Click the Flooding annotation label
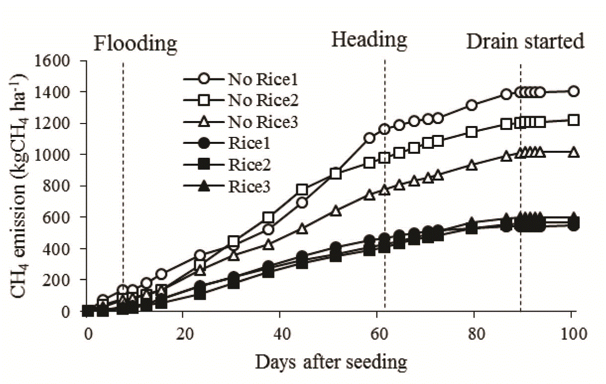coord(135,44)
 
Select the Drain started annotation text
coord(525,42)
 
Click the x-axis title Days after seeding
coord(331,362)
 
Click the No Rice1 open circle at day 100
coord(574,91)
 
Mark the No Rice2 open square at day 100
coord(574,120)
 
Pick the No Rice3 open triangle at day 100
coord(574,152)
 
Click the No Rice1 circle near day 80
coord(472,105)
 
